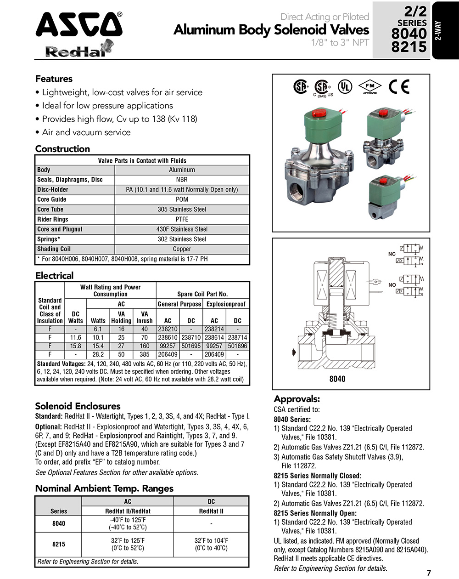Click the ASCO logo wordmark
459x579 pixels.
tap(79, 25)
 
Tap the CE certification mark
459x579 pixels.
tap(398, 87)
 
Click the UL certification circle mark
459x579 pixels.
tap(345, 86)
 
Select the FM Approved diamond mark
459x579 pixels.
tap(370, 86)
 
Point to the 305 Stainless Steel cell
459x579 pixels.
tap(182, 210)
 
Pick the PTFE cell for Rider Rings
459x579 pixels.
tap(182, 219)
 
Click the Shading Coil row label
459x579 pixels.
tap(54, 249)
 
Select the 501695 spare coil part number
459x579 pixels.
tap(191, 346)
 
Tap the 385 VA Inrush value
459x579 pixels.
tap(145, 355)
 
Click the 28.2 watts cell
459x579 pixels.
tap(98, 355)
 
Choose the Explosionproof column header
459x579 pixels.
tap(226, 304)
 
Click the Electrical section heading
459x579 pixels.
tap(54, 276)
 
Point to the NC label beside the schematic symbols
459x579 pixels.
tap(392, 254)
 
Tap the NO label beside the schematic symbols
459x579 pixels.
tap(392, 285)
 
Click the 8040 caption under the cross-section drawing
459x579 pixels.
tap(337, 379)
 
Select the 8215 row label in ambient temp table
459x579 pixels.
tap(59, 545)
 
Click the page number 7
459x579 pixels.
tap(429, 573)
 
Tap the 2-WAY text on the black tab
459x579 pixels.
tap(438, 31)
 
